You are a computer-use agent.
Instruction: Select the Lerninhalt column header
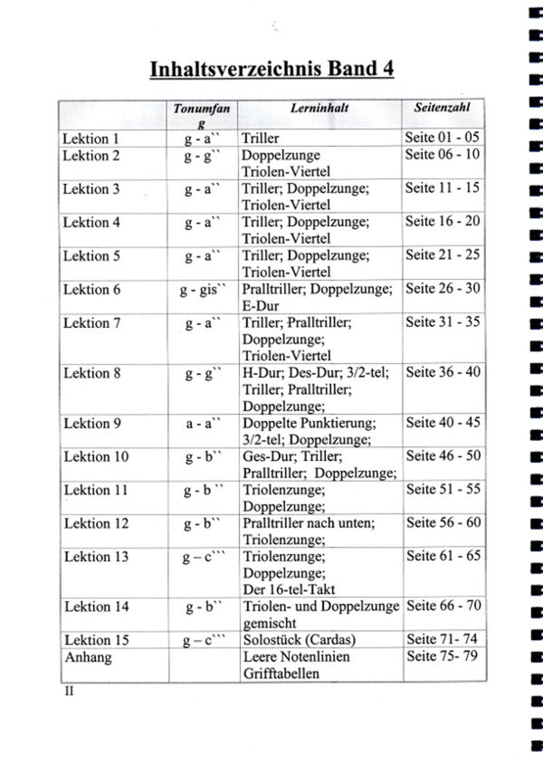[x=314, y=108]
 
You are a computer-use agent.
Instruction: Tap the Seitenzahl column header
[x=443, y=108]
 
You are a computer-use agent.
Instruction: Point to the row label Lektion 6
[x=91, y=290]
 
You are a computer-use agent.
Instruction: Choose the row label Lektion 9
[x=91, y=423]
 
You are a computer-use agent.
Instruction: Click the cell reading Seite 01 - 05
[x=443, y=139]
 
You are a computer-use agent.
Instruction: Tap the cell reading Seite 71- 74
[x=442, y=639]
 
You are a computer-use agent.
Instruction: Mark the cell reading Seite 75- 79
[x=442, y=656]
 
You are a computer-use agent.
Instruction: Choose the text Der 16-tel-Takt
[x=287, y=589]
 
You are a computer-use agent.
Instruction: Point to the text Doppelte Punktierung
[x=309, y=423]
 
